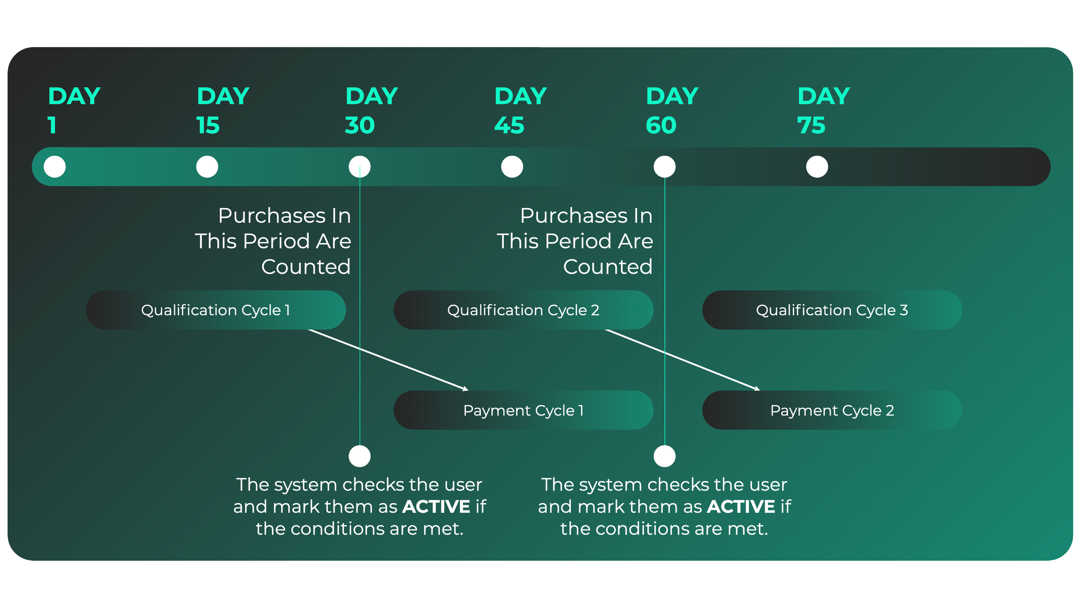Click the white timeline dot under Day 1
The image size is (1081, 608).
point(55,167)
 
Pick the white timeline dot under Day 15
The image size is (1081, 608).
point(207,167)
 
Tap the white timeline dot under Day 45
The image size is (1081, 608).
point(512,167)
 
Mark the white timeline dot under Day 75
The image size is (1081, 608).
point(817,167)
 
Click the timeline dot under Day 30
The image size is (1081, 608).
point(360,167)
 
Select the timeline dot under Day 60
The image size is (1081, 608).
point(664,167)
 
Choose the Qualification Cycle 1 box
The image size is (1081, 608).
point(216,310)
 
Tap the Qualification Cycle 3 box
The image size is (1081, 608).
point(832,310)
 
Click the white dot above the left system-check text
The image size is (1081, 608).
point(360,456)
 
